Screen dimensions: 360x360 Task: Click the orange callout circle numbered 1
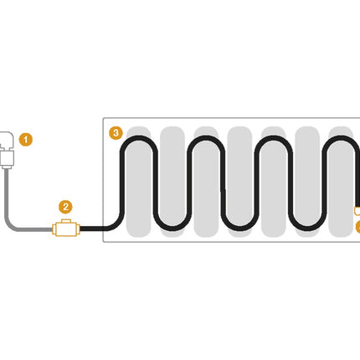[x=26, y=139]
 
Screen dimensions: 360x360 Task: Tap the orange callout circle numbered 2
[x=65, y=207]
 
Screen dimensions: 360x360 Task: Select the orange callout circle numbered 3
[x=116, y=133]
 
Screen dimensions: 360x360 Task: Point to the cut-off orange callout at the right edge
[x=357, y=227]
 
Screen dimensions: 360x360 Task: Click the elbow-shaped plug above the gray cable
[x=6, y=141]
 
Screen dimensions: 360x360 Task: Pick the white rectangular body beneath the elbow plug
[x=8, y=158]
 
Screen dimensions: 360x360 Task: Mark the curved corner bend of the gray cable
[x=11, y=224]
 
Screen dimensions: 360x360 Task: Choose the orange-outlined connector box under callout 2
[x=66, y=229]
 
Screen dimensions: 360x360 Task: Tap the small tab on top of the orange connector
[x=66, y=221]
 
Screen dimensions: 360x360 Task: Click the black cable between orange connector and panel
[x=91, y=229]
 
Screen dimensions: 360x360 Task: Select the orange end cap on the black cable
[x=357, y=211]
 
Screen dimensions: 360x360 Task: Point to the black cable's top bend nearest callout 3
[x=139, y=137]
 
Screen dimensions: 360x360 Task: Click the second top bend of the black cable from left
[x=206, y=137]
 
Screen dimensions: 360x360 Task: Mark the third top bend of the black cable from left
[x=274, y=137]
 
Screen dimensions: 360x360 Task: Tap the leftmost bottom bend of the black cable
[x=172, y=229]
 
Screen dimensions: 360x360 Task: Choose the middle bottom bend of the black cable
[x=239, y=229]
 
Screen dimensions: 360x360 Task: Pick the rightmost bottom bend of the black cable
[x=307, y=229]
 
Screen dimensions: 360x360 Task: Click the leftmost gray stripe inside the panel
[x=138, y=182]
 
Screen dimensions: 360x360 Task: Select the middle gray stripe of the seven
[x=239, y=182]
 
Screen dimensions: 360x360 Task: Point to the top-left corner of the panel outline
[x=103, y=118]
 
